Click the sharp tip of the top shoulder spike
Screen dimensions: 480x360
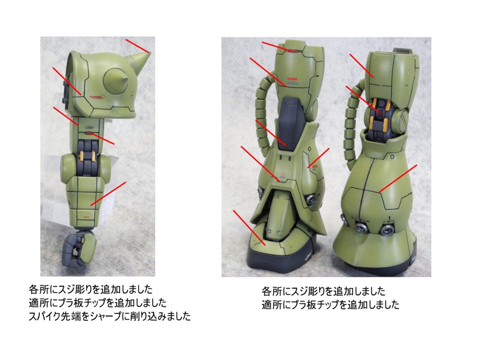(150, 52)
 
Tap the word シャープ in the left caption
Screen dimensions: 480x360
(105, 316)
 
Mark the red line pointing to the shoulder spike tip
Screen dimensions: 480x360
(137, 45)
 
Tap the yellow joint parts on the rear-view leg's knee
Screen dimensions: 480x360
(380, 114)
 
